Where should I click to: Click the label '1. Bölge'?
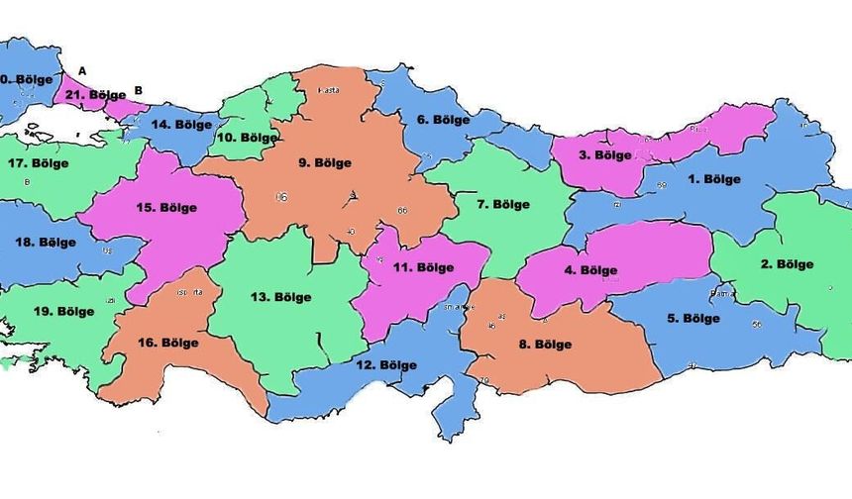[714, 179]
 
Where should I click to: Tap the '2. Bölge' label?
[787, 264]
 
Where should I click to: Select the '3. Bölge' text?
[605, 155]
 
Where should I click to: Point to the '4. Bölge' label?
[591, 270]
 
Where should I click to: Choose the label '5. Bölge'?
[692, 318]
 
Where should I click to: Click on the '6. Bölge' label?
[443, 120]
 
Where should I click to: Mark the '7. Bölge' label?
[503, 205]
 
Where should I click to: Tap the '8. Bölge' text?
[545, 345]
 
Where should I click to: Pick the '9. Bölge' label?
[325, 162]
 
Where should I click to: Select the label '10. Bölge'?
[248, 138]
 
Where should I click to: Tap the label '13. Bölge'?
[280, 297]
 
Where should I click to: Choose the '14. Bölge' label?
[180, 125]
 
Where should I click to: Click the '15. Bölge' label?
[166, 208]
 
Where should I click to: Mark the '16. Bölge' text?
[167, 343]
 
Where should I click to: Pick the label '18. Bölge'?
[44, 243]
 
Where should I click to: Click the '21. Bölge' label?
[96, 95]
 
